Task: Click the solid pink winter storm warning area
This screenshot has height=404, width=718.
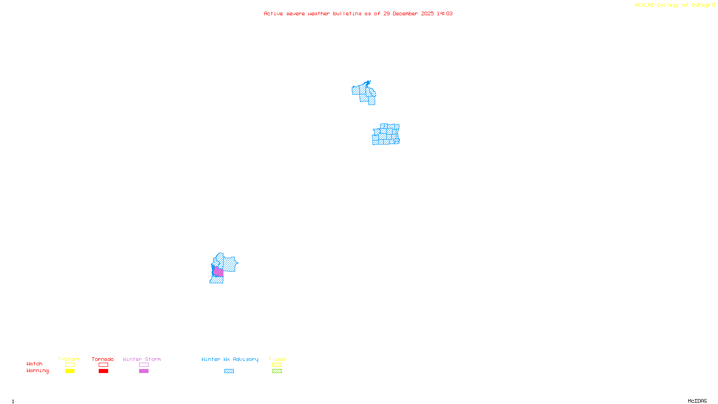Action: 219,272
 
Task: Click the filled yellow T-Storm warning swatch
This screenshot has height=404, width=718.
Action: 70,371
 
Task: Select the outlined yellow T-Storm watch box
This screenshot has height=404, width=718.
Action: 70,365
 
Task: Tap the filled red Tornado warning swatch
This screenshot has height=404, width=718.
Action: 103,371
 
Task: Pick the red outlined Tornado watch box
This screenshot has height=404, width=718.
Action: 103,365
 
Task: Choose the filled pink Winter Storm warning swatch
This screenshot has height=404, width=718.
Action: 144,371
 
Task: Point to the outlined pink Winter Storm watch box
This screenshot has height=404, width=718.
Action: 144,365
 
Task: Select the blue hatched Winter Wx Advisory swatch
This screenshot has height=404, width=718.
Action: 229,371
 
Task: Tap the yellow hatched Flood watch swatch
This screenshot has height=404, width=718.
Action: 277,365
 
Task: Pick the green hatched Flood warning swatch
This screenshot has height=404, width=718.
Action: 277,371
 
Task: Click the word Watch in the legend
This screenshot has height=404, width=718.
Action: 35,364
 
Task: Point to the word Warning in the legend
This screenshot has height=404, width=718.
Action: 38,371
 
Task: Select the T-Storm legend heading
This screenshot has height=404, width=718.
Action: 69,359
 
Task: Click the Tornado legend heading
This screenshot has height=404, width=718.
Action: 103,359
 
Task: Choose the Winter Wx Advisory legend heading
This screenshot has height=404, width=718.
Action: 230,359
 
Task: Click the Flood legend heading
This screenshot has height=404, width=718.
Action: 277,359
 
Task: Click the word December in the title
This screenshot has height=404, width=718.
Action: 405,13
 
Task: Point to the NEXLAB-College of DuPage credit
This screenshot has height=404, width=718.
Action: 673,5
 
